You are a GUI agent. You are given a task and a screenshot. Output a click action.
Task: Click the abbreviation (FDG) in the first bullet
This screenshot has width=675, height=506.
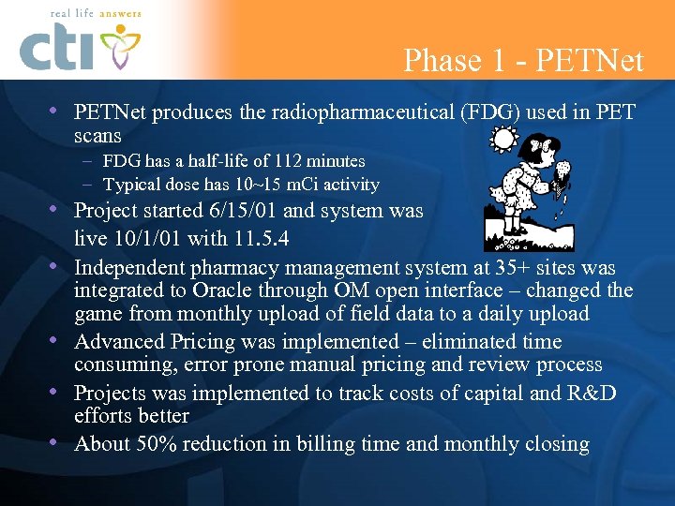(x=487, y=113)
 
